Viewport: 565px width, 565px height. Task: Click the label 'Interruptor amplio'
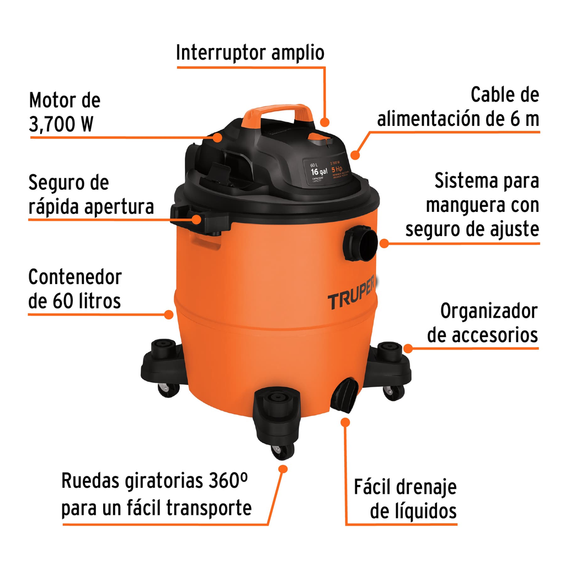tap(250, 53)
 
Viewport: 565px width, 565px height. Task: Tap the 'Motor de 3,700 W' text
tap(65, 113)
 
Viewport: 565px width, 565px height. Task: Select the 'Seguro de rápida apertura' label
tap(91, 195)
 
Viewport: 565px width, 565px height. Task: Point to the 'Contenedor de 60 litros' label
tap(74, 289)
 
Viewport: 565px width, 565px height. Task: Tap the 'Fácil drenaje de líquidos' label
tap(406, 499)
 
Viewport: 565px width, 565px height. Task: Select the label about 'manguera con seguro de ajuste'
tap(472, 205)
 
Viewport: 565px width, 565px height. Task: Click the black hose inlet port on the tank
tap(360, 243)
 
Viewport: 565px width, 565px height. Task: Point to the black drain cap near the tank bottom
tap(344, 395)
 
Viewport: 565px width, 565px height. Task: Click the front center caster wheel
tap(282, 450)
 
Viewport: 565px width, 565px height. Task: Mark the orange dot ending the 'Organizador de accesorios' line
tap(408, 348)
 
